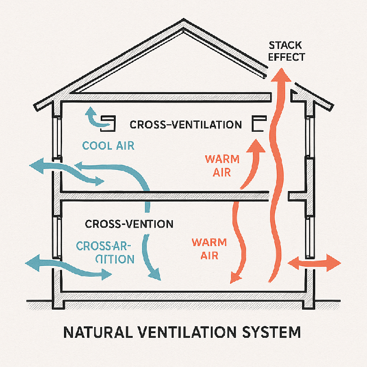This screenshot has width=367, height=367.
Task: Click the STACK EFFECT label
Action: coord(287,51)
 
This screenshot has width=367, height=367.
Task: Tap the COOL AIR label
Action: coord(108,145)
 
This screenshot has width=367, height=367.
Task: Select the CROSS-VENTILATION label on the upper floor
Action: coord(185,125)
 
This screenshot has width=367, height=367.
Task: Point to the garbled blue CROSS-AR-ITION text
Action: coord(105,252)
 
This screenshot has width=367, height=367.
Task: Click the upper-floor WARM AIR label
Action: coord(222,166)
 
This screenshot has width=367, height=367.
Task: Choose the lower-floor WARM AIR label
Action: coord(208,249)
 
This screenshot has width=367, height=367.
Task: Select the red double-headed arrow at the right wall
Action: coord(313,263)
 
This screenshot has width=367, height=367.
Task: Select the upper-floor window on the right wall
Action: coord(310,136)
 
